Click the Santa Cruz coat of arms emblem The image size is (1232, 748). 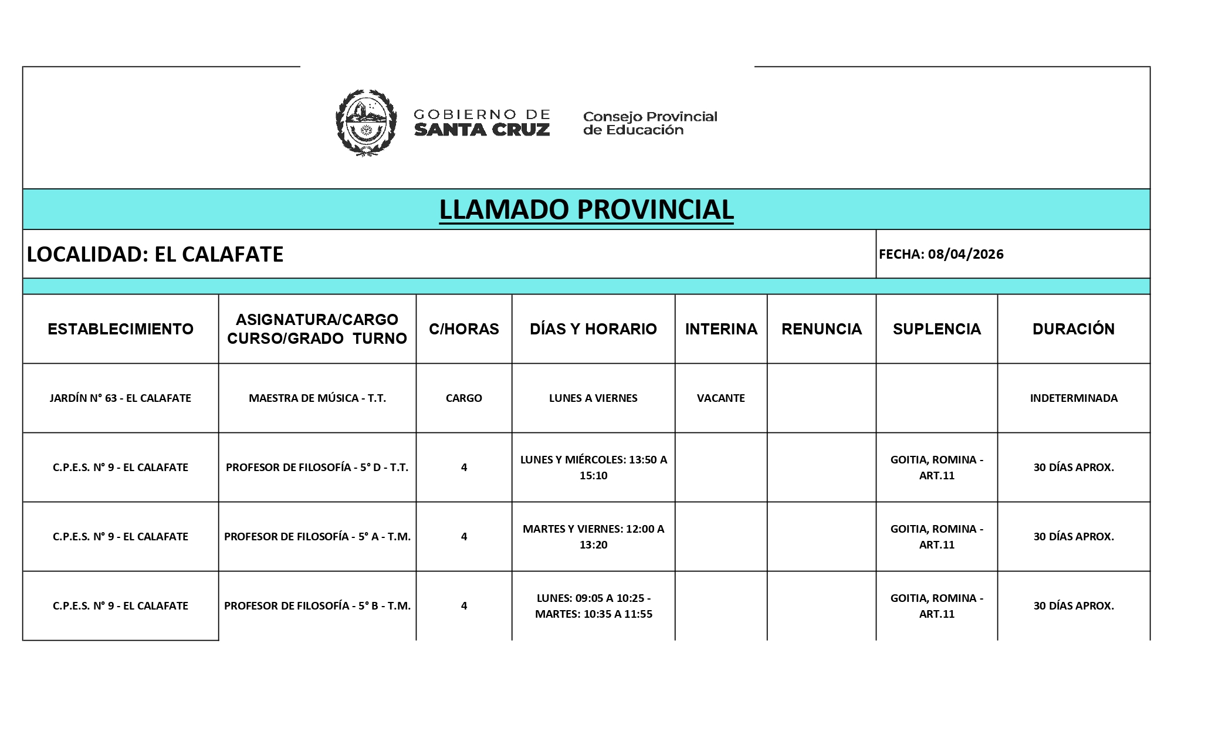365,123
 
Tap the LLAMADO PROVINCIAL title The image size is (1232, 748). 586,209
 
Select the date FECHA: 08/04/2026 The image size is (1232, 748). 941,254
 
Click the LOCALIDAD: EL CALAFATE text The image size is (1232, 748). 155,254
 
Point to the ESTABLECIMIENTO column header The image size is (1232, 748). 120,329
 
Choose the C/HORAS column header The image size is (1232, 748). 463,329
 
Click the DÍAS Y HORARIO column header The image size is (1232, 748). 593,329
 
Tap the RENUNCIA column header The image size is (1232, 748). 821,329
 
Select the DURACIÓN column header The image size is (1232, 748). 1074,329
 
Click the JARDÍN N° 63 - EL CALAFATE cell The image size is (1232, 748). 120,398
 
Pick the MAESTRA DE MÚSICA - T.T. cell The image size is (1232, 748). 317,398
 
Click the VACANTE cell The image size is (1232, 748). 720,398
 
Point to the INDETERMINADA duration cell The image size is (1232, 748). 1074,398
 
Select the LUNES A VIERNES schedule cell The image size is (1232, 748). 593,398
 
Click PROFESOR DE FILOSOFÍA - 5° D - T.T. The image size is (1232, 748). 317,468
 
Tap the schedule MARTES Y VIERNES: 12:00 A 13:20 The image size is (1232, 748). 593,536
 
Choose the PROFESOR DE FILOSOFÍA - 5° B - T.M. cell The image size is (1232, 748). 317,605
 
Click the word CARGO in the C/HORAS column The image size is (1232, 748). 463,398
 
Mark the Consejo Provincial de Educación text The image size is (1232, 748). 649,123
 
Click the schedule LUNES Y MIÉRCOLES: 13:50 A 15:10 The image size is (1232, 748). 593,468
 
